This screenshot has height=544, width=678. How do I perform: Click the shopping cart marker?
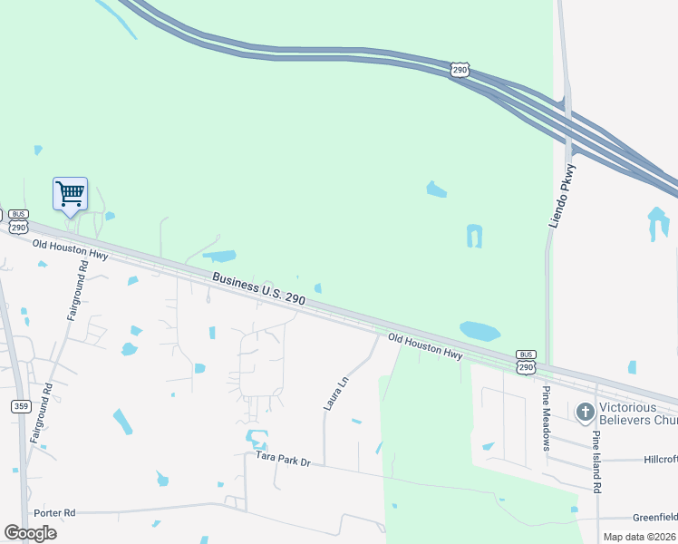(70, 194)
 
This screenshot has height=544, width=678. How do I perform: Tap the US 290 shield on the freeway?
(460, 69)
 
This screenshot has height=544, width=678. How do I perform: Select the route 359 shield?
(21, 406)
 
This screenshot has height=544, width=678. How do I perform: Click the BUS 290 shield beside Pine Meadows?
(526, 361)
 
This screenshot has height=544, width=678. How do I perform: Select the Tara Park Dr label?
(283, 461)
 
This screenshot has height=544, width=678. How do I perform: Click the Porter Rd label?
(56, 513)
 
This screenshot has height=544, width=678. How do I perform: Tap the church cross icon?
(586, 413)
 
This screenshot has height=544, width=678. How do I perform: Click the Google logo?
(30, 533)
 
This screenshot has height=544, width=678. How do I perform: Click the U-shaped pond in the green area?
(474, 237)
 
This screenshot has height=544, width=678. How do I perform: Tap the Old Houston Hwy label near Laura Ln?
(425, 345)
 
